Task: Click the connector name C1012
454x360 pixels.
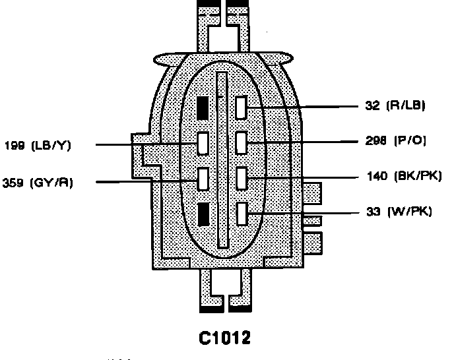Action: (x=224, y=338)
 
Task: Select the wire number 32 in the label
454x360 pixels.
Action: (x=371, y=105)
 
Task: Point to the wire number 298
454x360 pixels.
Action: (x=375, y=140)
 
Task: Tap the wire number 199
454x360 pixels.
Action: (x=15, y=145)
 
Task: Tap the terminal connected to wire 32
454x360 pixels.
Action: (x=241, y=106)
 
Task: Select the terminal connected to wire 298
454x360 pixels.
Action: (x=241, y=142)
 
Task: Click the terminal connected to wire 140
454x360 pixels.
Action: (x=241, y=177)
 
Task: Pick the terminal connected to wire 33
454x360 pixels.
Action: (x=241, y=213)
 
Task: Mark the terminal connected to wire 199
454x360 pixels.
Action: (x=203, y=142)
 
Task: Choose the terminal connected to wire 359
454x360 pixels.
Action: (x=203, y=178)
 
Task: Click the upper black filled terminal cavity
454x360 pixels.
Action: (x=203, y=107)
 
